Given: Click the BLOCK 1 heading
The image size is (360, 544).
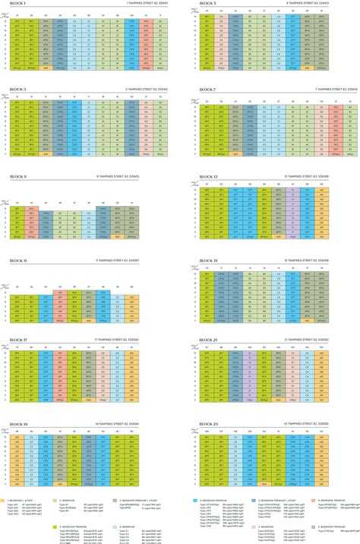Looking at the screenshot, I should point(17,4).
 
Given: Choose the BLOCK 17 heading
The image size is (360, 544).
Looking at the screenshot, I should point(17,340).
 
